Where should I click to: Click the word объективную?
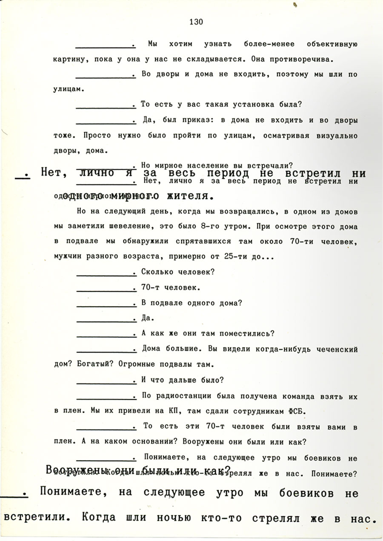point(332,44)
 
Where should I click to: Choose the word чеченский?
point(336,349)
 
